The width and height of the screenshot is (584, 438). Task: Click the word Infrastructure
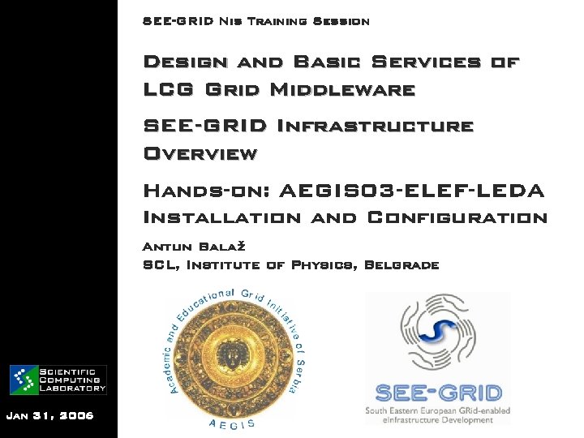(375, 126)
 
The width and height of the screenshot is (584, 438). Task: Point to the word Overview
(200, 153)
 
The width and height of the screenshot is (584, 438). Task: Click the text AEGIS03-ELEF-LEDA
(411, 191)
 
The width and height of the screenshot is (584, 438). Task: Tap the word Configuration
(457, 217)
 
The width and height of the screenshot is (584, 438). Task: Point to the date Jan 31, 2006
(49, 415)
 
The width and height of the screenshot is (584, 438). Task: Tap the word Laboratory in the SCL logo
(72, 389)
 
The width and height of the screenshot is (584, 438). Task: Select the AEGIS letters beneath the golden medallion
(232, 423)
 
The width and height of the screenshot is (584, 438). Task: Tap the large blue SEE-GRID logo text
(437, 393)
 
